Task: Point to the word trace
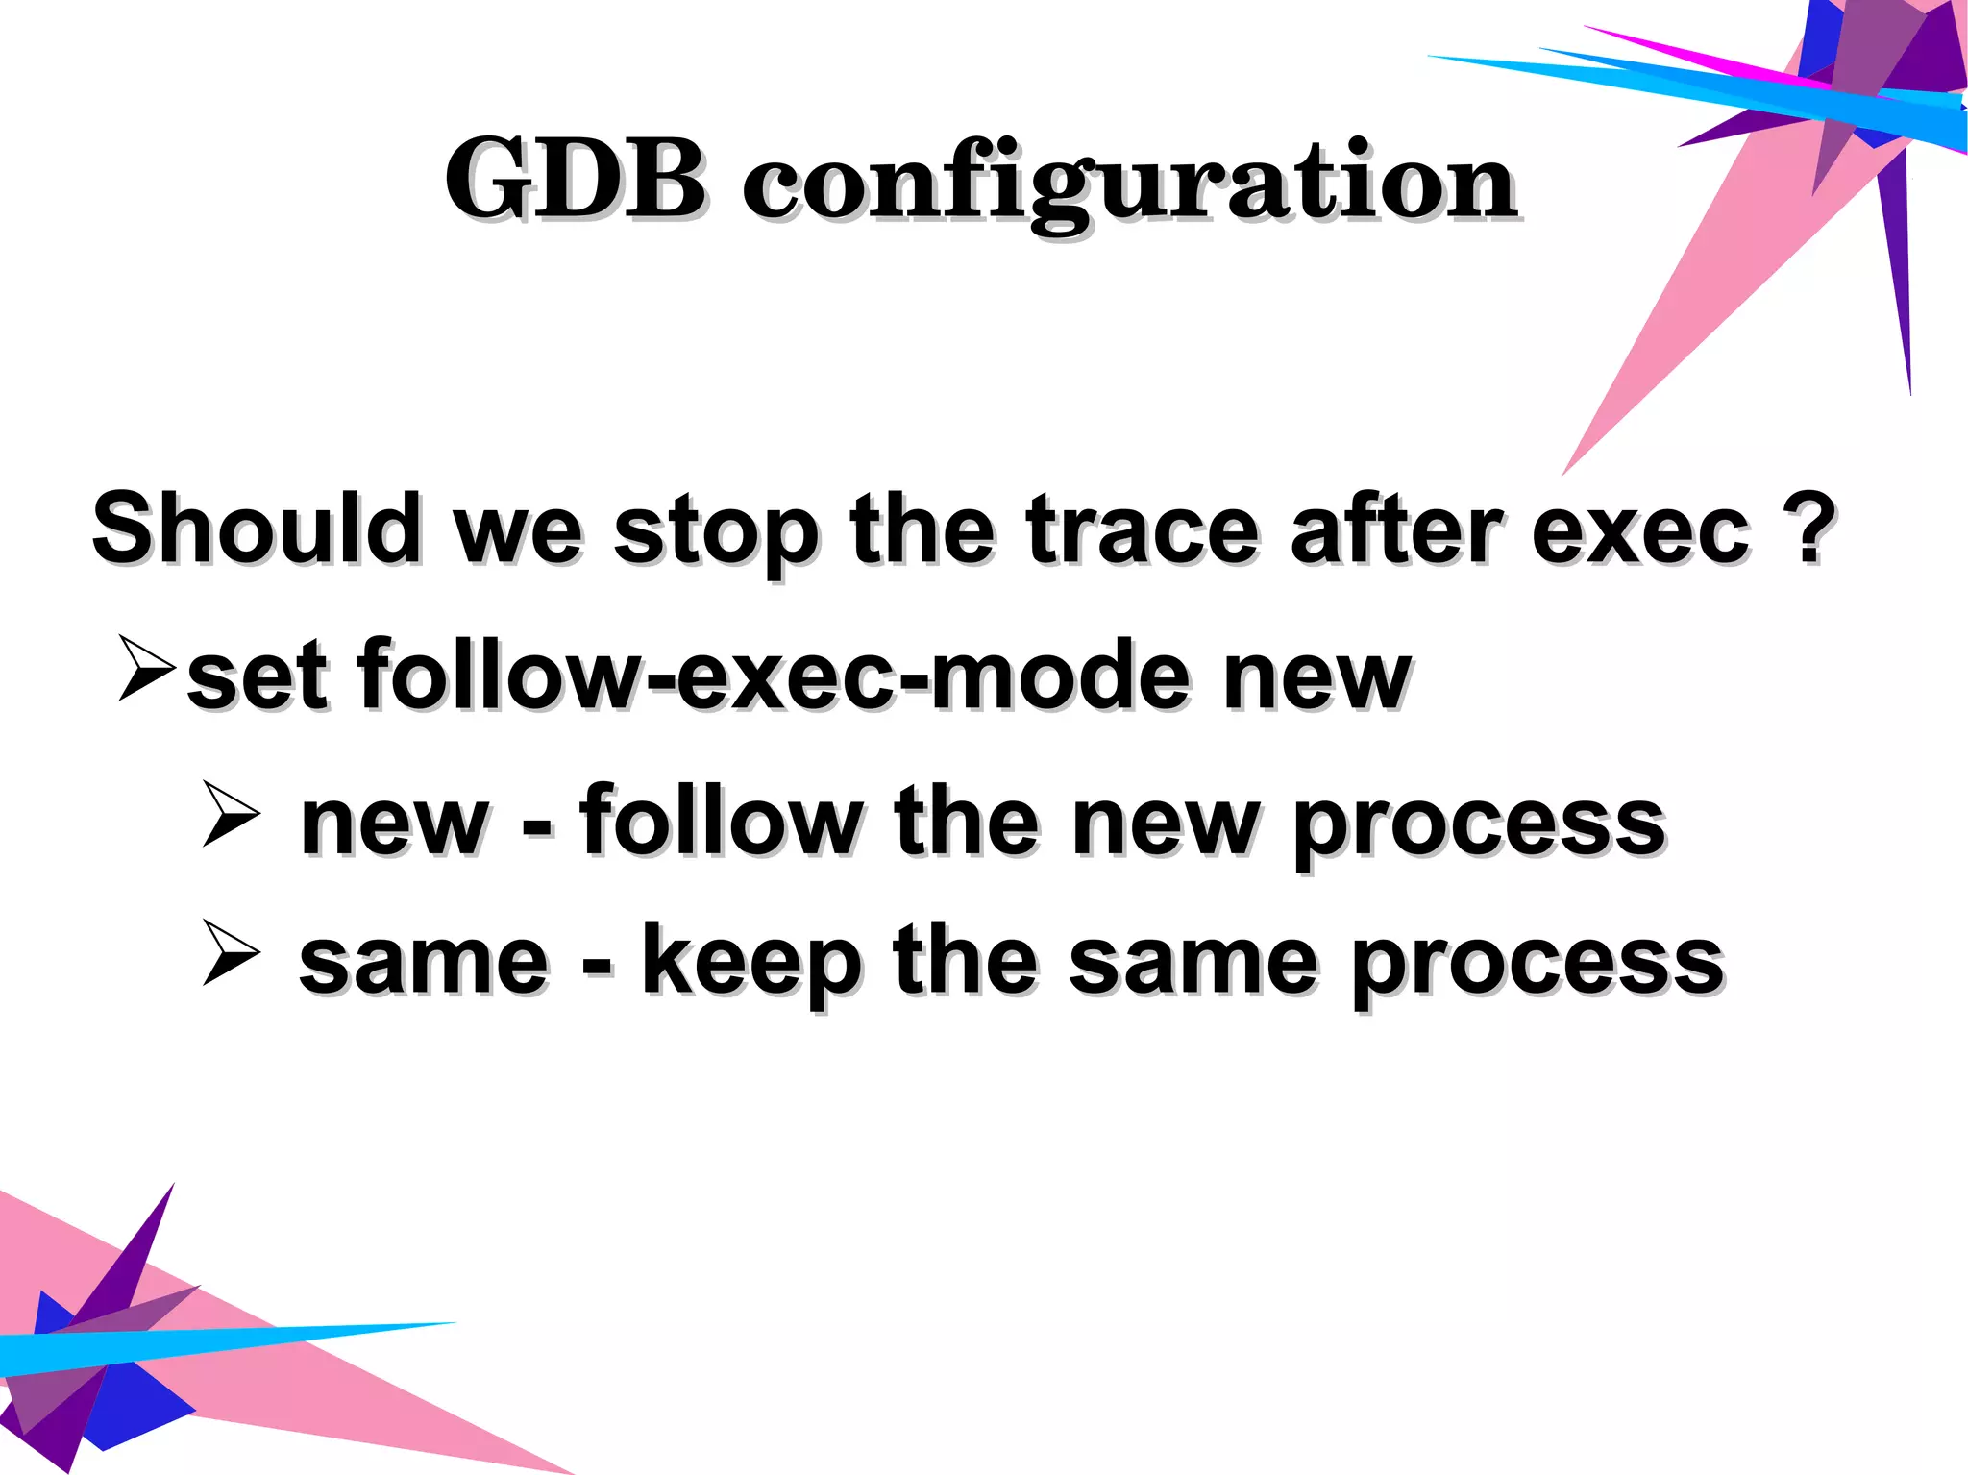[1143, 529]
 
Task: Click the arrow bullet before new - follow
[231, 814]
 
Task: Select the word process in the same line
[1537, 965]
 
